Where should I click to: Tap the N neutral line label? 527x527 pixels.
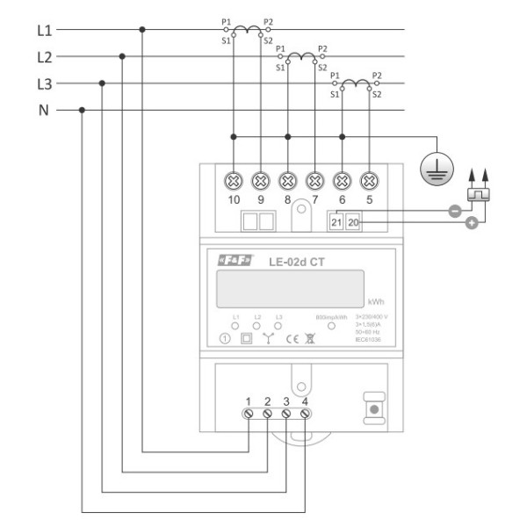pos(44,111)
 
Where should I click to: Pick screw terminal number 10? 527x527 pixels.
pos(234,181)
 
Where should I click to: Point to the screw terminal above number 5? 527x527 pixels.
pos(370,181)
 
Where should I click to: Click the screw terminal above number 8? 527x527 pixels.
pos(288,181)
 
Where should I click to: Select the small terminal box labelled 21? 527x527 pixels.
pos(337,223)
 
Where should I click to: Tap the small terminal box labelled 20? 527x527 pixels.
pos(353,223)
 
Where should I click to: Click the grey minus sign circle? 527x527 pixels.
pos(454,211)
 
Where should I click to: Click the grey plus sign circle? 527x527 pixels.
pos(472,224)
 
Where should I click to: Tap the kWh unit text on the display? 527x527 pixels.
pos(377,299)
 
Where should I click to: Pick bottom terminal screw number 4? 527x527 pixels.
pos(304,412)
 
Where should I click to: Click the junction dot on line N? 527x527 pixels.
pos(82,111)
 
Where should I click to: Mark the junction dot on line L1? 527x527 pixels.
pos(142,31)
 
